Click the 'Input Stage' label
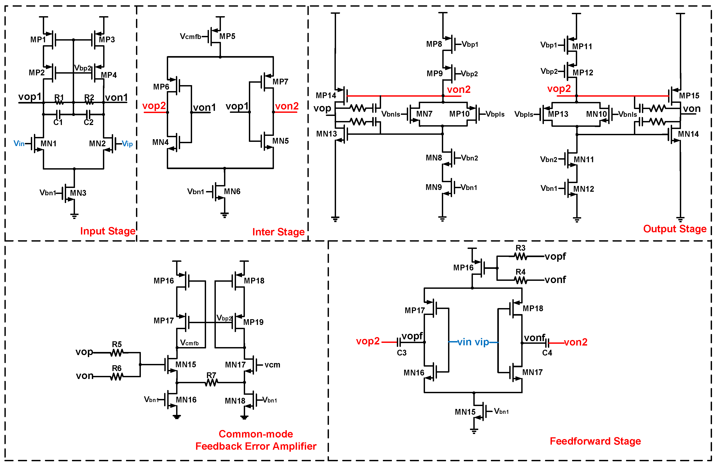108,231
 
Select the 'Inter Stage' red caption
278,232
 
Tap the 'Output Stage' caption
675,229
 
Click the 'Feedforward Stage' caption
595,441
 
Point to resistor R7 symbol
211,383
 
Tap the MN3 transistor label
78,193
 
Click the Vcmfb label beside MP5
191,36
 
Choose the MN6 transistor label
232,191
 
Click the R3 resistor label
520,248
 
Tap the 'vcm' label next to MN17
272,365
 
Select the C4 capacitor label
547,353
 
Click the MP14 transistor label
326,95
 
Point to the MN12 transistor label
584,189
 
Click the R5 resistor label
117,344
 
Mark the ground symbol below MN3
74,216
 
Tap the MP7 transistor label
280,82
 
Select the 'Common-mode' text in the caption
256,434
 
